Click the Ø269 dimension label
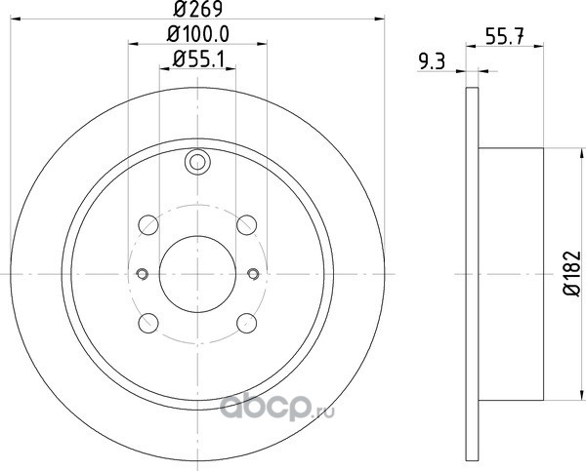[198, 9]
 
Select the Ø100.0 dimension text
[197, 34]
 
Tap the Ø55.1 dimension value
[199, 59]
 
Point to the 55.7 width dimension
[505, 36]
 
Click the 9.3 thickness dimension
[432, 61]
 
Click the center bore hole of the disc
[197, 274]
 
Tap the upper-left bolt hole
[148, 224]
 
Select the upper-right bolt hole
[247, 224]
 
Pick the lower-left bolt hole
[148, 323]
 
